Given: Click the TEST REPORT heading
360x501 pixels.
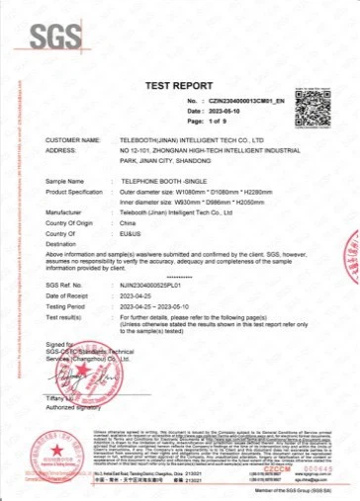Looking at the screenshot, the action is (179, 86).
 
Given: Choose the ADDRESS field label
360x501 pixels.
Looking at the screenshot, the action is (61, 150).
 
